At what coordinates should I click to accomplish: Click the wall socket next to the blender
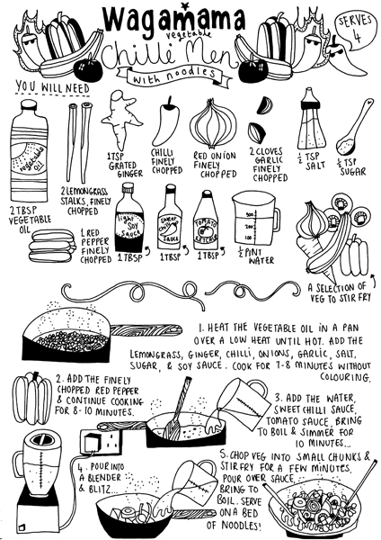pyautogui.click(x=98, y=440)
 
